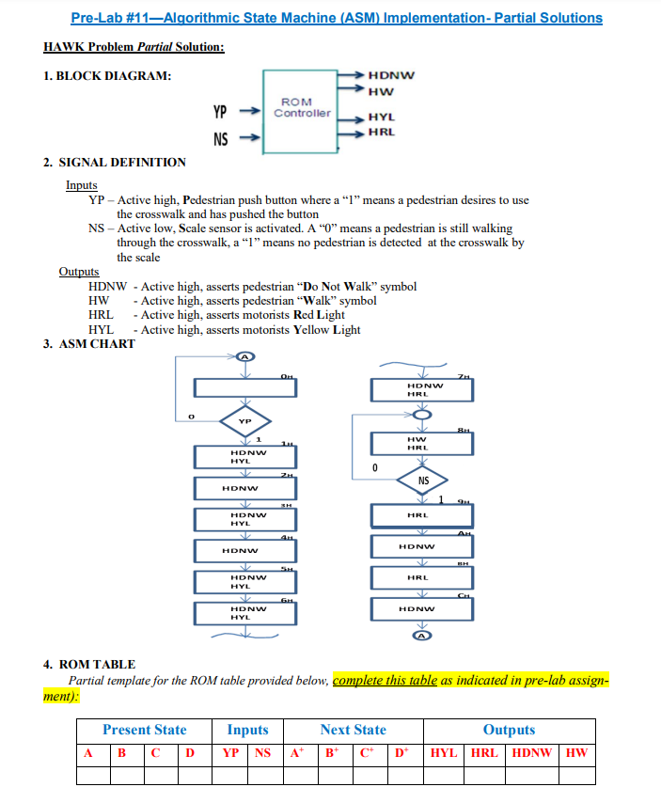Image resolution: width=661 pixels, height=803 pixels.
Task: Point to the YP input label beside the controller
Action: (220, 113)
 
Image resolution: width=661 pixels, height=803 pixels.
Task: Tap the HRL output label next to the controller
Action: (381, 132)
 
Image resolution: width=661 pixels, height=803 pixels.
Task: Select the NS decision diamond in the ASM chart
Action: (423, 480)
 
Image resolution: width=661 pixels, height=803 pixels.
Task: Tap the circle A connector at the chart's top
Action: (244, 356)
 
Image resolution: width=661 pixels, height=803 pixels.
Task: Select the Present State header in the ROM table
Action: (145, 730)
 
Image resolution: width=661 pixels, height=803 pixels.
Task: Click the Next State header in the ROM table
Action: (353, 730)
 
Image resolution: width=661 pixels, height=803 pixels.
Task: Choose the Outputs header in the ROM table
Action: (509, 730)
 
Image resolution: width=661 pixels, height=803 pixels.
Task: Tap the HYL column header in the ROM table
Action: (445, 753)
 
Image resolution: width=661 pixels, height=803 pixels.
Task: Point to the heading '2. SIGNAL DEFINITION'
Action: (115, 162)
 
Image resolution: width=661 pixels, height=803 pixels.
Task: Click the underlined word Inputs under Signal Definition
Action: (81, 185)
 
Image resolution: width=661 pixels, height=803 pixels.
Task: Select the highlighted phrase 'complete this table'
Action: (386, 681)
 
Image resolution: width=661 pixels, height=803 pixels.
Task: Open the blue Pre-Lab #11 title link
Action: (337, 18)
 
